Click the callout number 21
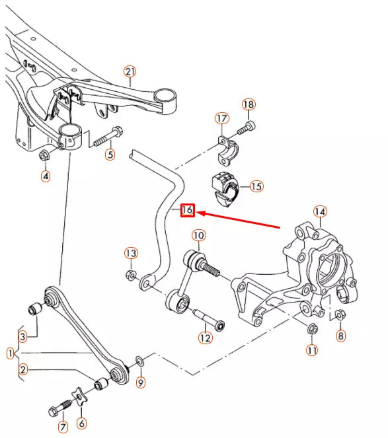pos(130,71)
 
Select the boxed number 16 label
pos(187,210)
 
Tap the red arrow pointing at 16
pos(245,219)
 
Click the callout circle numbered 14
pos(320,212)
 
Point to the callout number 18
pos(249,105)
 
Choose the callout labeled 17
pos(221,118)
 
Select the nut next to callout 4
pos(45,156)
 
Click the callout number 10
pos(199,235)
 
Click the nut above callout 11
pos(313,328)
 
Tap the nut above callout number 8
pos(339,314)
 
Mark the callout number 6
pos(82,423)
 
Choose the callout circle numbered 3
pos(22,336)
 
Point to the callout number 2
pos(22,369)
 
